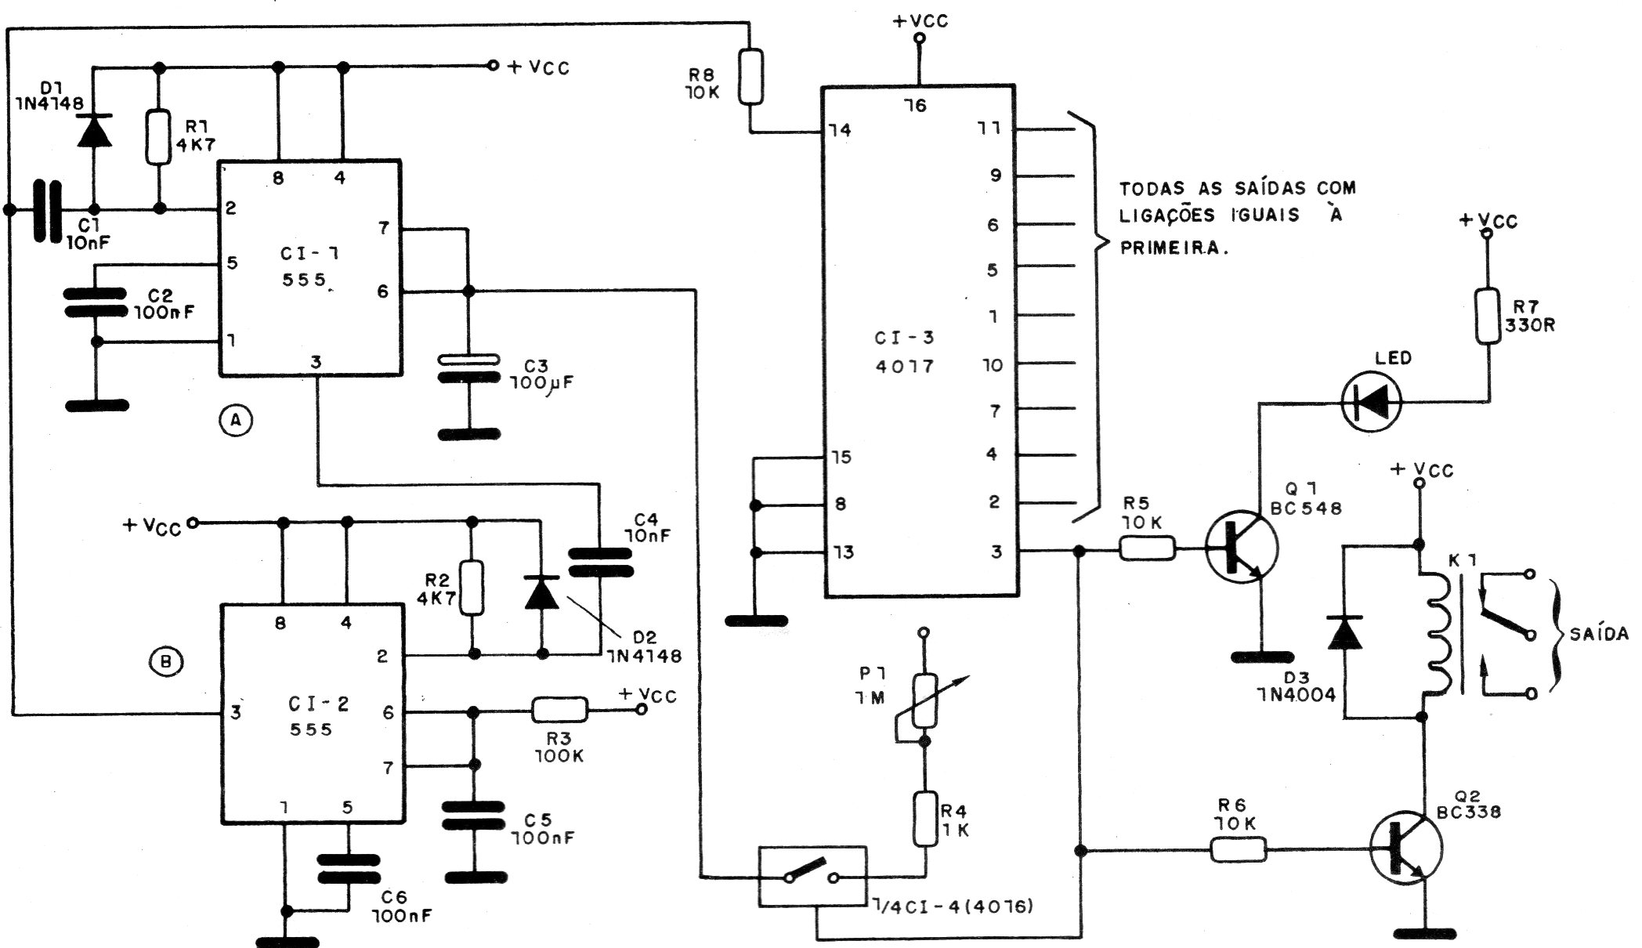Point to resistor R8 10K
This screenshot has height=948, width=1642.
pos(750,77)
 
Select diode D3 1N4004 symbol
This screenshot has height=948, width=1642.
pos(1344,632)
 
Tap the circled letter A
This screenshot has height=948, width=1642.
pos(236,422)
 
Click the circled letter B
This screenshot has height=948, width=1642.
pos(165,663)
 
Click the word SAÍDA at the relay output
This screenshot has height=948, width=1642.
pos(1598,634)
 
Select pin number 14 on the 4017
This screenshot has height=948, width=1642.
pos(840,129)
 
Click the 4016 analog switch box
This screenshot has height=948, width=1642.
pos(812,876)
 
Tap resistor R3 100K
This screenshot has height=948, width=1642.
pos(559,710)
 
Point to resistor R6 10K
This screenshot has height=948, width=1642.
pos(1239,849)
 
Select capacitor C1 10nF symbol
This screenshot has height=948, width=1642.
pos(45,210)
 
